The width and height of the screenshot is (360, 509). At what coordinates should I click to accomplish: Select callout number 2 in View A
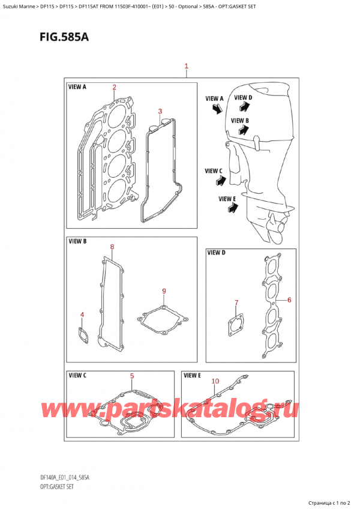pyautogui.click(x=114, y=87)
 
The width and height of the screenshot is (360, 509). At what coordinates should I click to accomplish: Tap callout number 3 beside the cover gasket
pyautogui.click(x=160, y=111)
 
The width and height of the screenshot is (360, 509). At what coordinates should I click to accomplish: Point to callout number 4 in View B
pyautogui.click(x=82, y=315)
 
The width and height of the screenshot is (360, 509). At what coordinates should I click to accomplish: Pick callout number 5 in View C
pyautogui.click(x=132, y=376)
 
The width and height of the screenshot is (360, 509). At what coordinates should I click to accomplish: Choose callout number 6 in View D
pyautogui.click(x=289, y=300)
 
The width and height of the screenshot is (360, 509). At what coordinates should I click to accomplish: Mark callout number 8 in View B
pyautogui.click(x=112, y=247)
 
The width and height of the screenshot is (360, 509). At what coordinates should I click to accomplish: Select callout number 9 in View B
pyautogui.click(x=164, y=292)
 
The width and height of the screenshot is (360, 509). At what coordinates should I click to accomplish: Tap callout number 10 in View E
pyautogui.click(x=215, y=381)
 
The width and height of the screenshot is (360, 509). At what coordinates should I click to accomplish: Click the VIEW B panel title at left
pyautogui.click(x=77, y=241)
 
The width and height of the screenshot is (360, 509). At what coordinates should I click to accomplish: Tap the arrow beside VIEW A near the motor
pyautogui.click(x=217, y=108)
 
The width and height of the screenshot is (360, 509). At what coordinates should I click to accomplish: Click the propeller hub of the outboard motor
pyautogui.click(x=277, y=226)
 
